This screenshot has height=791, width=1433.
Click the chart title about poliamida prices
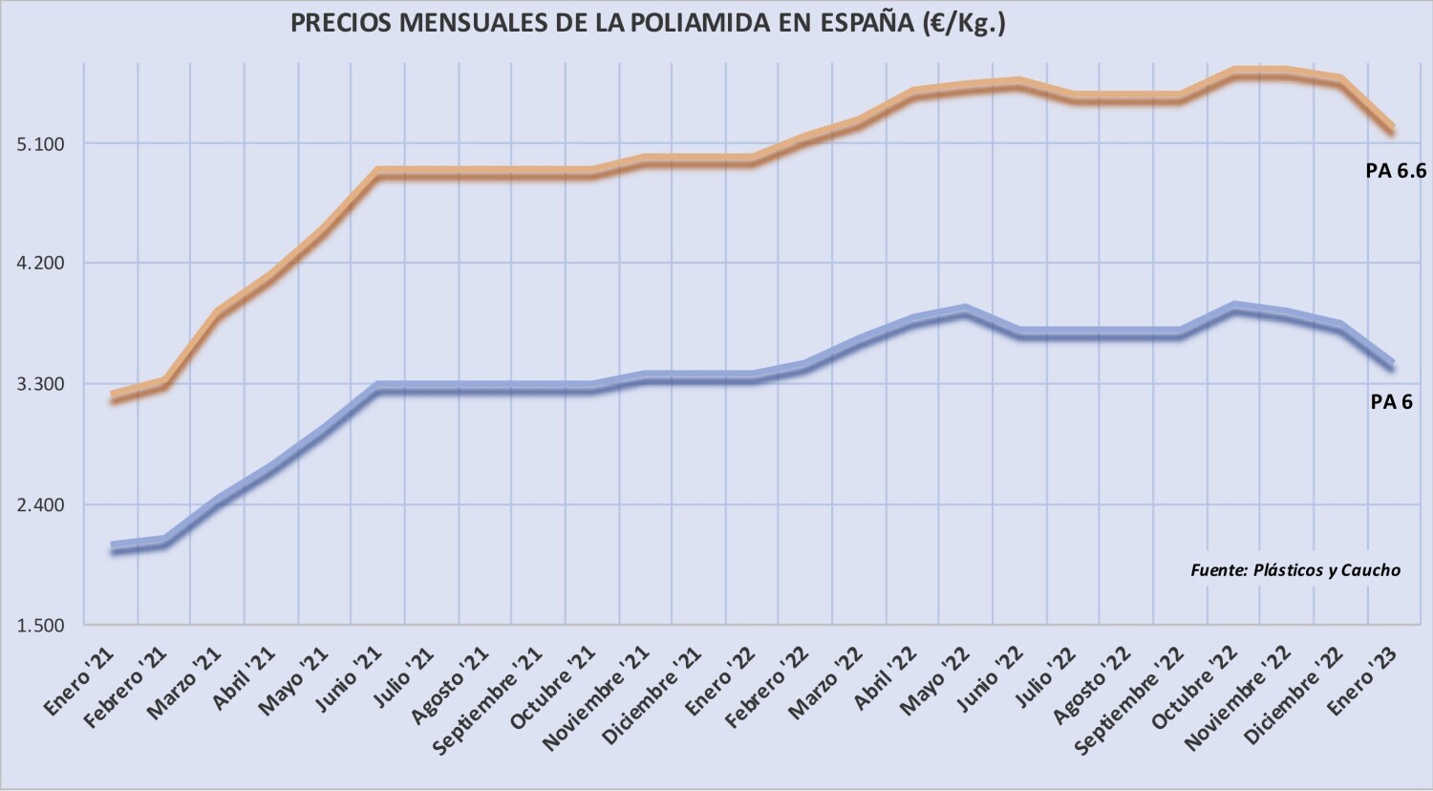pyautogui.click(x=648, y=23)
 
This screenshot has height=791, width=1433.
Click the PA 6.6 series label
pyautogui.click(x=1395, y=171)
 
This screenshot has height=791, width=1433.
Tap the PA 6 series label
pyautogui.click(x=1391, y=402)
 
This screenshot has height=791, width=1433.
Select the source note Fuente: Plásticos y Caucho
pyautogui.click(x=1294, y=570)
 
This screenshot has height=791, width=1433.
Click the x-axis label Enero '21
pyautogui.click(x=82, y=683)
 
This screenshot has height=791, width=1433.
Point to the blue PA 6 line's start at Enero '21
pyautogui.click(x=113, y=548)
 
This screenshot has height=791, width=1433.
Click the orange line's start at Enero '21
pyautogui.click(x=113, y=396)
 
